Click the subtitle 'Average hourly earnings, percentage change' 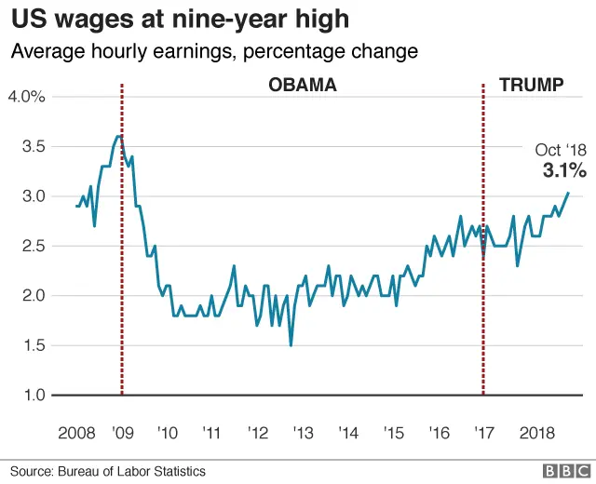pos(214,50)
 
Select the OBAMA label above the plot pos(303,86)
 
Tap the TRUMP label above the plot pos(531,86)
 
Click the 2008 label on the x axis pos(76,434)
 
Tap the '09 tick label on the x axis pos(122,434)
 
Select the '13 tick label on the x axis pos(303,434)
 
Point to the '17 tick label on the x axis pos(483,434)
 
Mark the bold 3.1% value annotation pos(564,170)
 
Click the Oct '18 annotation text pos(561,150)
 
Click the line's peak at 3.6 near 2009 pos(119,136)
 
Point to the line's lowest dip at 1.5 pos(291,345)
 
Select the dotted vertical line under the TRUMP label pos(483,279)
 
